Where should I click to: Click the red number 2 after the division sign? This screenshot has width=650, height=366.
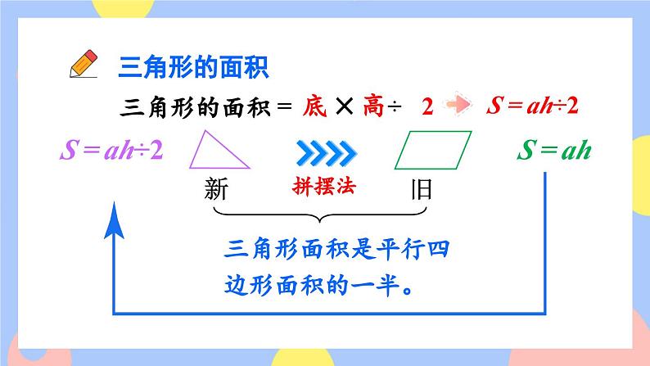[x=427, y=107]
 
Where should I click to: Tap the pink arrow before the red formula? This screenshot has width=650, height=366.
[x=459, y=106]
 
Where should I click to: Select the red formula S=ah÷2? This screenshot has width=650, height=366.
[x=538, y=106]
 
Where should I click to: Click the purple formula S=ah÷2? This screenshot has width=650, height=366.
[x=111, y=151]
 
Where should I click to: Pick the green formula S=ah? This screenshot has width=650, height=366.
[x=553, y=151]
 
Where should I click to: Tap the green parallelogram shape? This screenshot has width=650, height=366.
[x=434, y=151]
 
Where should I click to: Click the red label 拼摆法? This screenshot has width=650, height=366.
[x=325, y=186]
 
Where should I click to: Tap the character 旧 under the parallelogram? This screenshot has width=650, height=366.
[x=421, y=192]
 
